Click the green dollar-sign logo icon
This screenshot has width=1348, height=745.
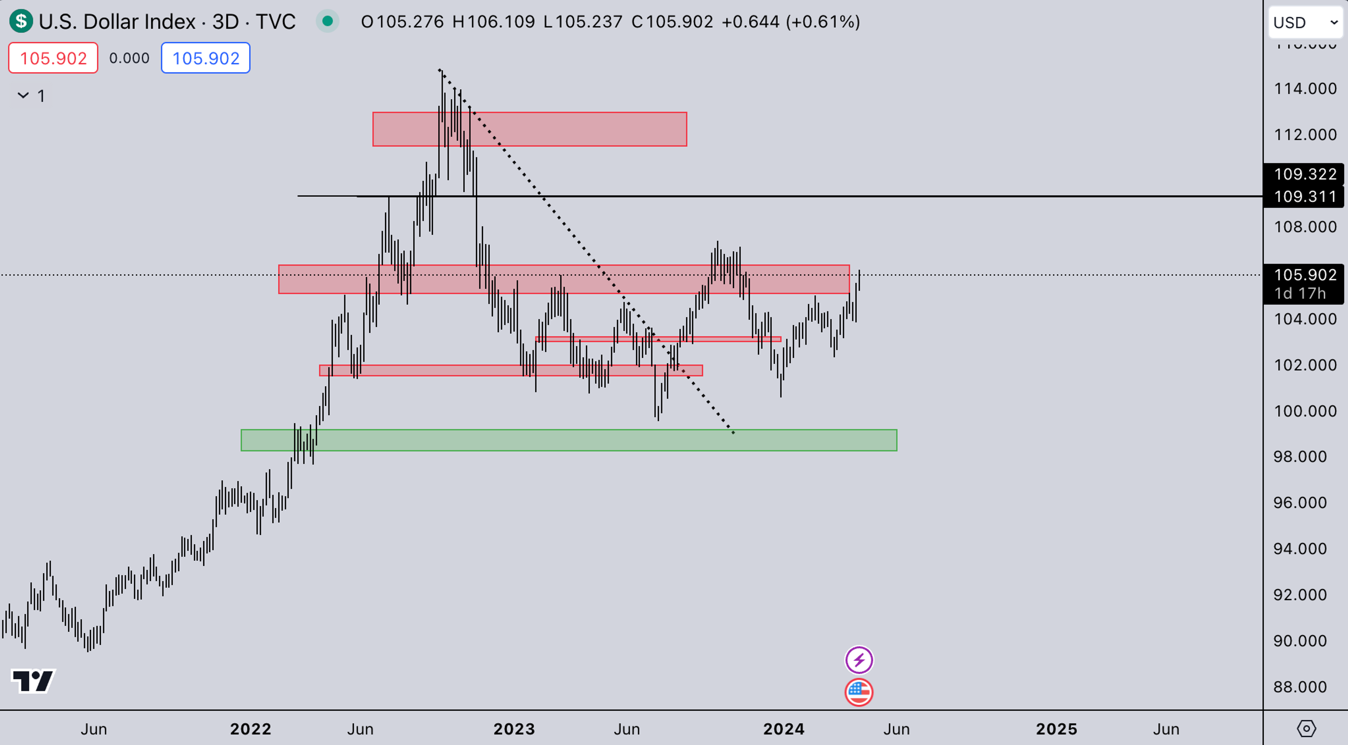click(x=21, y=21)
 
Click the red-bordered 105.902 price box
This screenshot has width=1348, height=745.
click(x=53, y=58)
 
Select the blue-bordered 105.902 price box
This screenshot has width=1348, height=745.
click(x=206, y=58)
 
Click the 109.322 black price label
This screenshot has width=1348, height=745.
click(x=1304, y=174)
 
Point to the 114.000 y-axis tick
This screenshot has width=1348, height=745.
click(x=1304, y=88)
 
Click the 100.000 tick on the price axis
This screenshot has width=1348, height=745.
click(x=1304, y=411)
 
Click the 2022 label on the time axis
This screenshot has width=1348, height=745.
click(x=251, y=729)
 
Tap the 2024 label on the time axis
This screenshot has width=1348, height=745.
click(x=784, y=729)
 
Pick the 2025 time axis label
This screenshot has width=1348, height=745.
click(x=1057, y=729)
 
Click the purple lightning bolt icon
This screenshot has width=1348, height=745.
click(x=859, y=660)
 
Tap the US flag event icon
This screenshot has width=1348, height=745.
click(x=859, y=692)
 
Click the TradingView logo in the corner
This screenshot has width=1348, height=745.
click(x=33, y=681)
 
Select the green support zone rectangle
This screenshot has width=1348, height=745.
click(x=569, y=440)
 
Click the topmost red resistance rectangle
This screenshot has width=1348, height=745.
click(x=530, y=129)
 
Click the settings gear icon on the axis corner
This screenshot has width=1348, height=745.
click(x=1306, y=728)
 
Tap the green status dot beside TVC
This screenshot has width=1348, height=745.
click(x=328, y=21)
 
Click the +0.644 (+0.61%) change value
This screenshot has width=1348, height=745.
click(x=790, y=21)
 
